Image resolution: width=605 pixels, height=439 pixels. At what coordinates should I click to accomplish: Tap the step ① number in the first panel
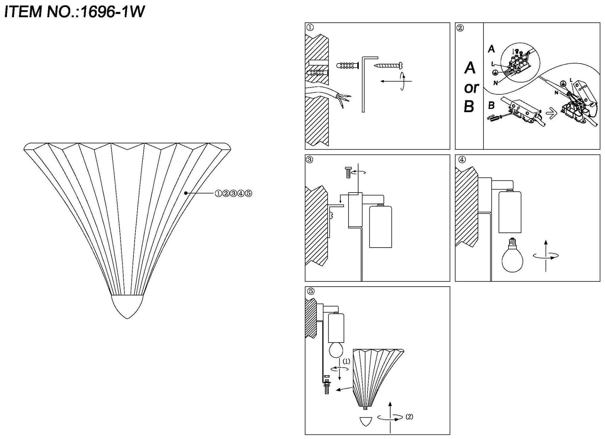point(310,28)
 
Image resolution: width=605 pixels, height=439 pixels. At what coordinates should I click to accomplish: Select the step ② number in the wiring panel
point(460,28)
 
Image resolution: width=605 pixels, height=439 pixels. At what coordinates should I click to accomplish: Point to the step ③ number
point(309,160)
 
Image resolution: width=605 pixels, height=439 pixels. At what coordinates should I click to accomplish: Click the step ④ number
point(462,160)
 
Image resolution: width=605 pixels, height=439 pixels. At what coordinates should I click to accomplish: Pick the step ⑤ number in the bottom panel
point(310,291)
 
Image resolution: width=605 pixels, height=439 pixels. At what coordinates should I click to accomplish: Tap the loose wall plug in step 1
point(347,65)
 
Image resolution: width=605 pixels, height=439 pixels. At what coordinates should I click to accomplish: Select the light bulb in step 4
point(512,255)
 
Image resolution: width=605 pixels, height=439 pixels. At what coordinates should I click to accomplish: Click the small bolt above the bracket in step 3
point(348,172)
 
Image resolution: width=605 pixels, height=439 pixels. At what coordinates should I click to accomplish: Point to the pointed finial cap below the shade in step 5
point(366,421)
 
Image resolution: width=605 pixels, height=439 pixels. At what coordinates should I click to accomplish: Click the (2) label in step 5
point(409,417)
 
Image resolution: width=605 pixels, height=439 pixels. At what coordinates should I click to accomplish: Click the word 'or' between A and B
point(471,88)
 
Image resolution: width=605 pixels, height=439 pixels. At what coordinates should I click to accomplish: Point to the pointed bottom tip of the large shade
point(127,317)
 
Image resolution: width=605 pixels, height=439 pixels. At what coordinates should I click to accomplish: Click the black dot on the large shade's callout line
point(186,193)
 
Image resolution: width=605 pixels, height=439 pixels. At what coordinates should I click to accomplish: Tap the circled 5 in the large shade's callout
point(248,193)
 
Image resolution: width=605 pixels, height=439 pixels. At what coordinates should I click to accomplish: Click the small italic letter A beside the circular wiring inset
point(491,49)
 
